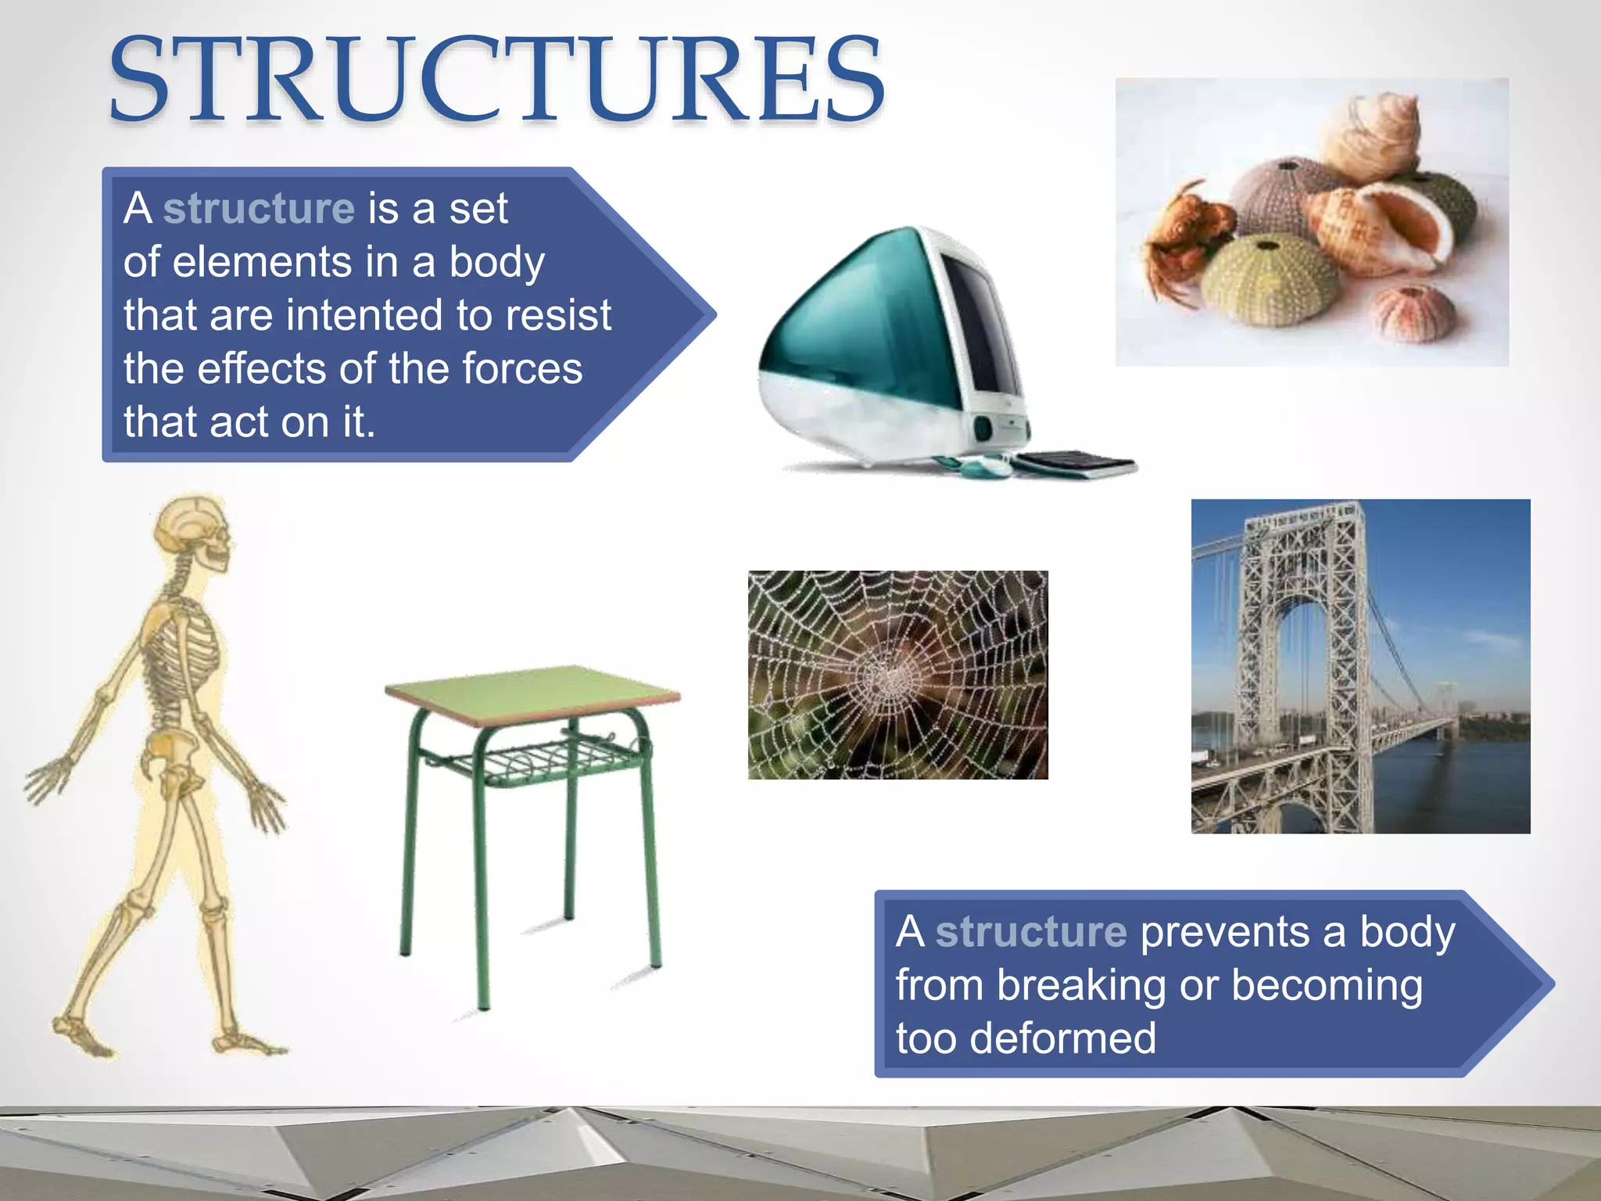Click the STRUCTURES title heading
point(497,80)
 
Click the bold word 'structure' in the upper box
point(259,209)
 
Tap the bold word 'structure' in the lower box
point(1030,932)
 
